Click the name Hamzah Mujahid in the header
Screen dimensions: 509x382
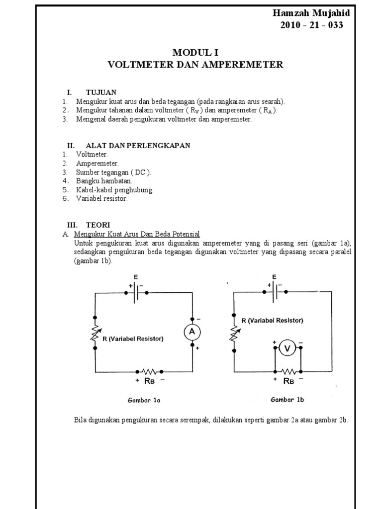307,14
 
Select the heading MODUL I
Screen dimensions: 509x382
195,53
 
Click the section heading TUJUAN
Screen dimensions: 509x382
101,92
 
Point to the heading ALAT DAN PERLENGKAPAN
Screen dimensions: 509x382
131,146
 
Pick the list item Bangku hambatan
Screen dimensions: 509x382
104,181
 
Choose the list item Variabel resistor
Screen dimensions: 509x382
102,199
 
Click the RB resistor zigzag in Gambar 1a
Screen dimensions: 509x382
150,371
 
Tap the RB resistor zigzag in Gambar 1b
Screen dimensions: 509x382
288,371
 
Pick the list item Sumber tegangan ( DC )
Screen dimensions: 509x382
113,172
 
